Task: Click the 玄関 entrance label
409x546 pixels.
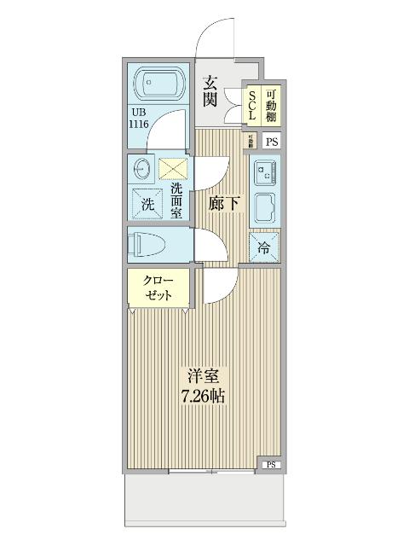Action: point(211,90)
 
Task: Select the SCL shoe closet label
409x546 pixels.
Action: point(252,104)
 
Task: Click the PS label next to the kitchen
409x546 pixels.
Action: point(272,142)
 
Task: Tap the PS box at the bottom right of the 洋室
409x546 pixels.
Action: point(271,464)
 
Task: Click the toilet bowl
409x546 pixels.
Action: point(150,246)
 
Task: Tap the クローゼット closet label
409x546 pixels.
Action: point(158,288)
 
